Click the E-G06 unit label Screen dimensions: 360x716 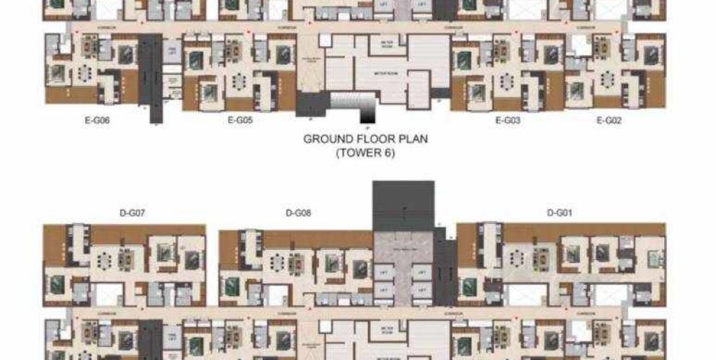pos(97,121)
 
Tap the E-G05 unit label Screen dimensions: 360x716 pos(240,121)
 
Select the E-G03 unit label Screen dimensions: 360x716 pos(508,121)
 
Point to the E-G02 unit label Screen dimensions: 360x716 pos(609,121)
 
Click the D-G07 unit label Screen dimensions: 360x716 pos(133,212)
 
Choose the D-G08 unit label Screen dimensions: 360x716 pos(298,212)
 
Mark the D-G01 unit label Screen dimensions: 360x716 pos(560,212)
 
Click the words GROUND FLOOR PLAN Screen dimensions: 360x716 pos(365,138)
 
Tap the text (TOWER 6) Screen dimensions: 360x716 pos(365,153)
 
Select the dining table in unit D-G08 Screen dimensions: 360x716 pos(295,264)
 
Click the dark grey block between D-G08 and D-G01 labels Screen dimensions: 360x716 pos(403,205)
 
